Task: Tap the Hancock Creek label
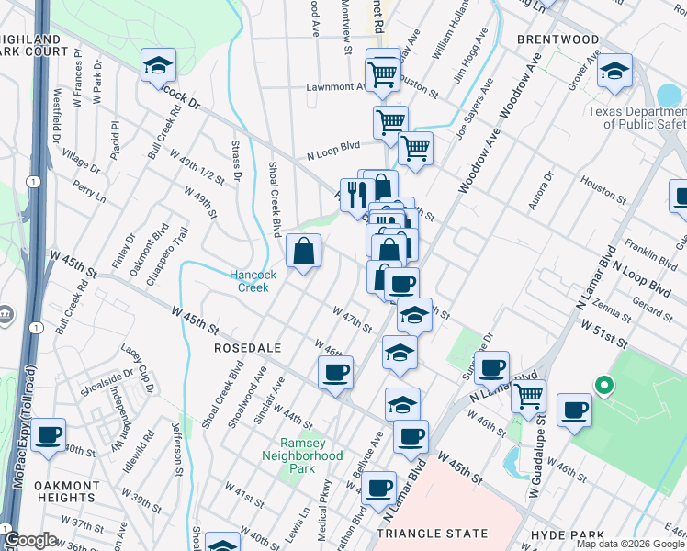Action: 248,280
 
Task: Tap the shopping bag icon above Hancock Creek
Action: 303,250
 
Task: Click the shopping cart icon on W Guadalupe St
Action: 528,395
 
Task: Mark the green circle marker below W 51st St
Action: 603,387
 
